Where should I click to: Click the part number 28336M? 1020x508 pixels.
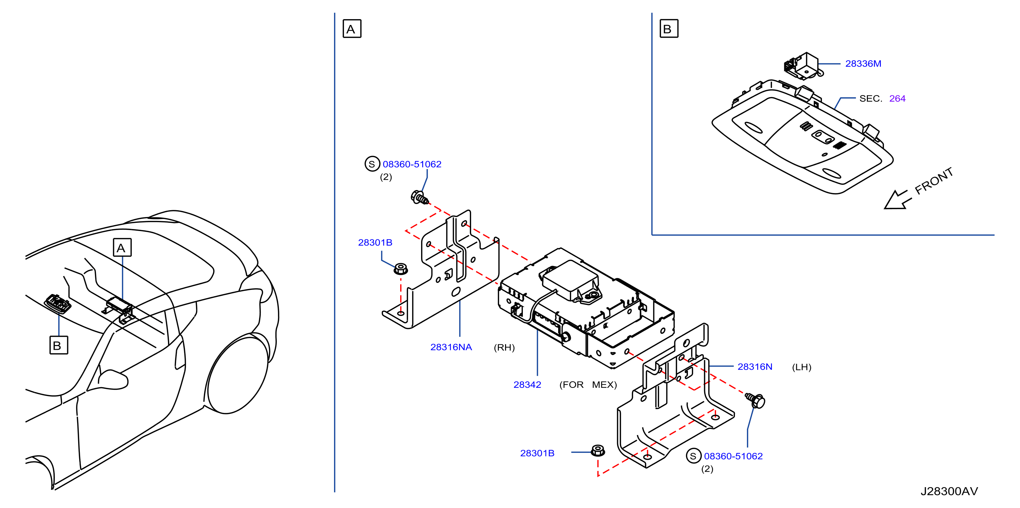pyautogui.click(x=863, y=64)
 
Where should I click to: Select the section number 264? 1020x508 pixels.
pyautogui.click(x=897, y=99)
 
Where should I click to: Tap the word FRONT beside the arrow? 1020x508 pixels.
pyautogui.click(x=934, y=181)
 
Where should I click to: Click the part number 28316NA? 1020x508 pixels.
pyautogui.click(x=451, y=347)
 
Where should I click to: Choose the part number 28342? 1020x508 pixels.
pyautogui.click(x=527, y=385)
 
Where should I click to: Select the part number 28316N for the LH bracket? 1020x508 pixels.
pyautogui.click(x=755, y=367)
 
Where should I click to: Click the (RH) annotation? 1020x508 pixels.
pyautogui.click(x=504, y=347)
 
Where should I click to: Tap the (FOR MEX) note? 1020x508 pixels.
pyautogui.click(x=588, y=385)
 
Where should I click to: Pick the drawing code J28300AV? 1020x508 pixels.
pyautogui.click(x=949, y=491)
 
